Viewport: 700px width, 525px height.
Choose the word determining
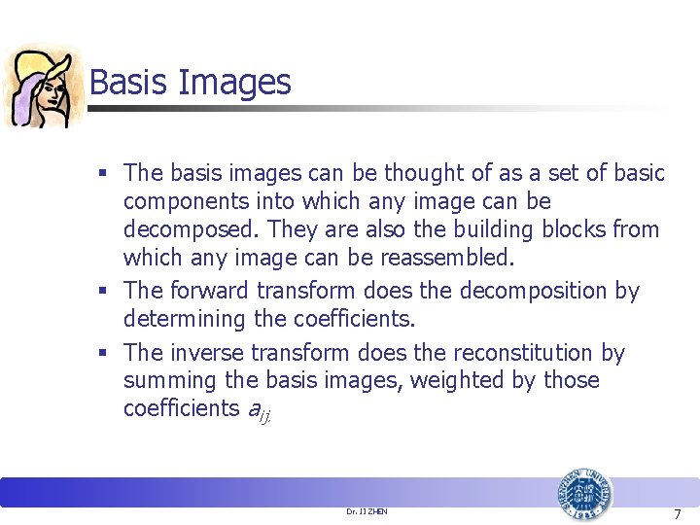pos(185,319)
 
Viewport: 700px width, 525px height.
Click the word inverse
pos(209,352)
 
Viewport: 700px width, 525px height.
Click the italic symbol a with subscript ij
pos(257,410)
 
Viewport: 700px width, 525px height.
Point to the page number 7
pos(678,511)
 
